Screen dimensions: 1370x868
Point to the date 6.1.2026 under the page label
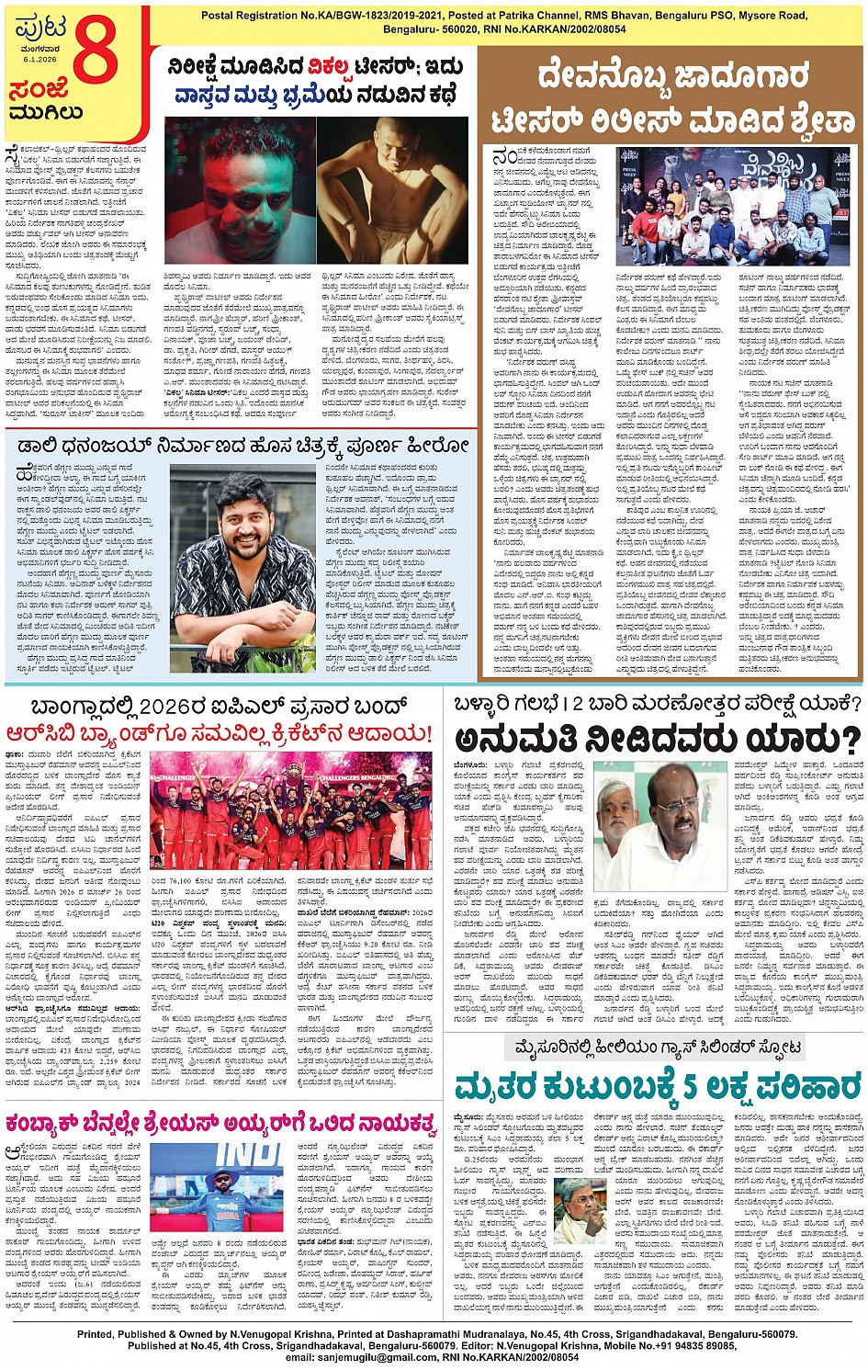pyautogui.click(x=39, y=59)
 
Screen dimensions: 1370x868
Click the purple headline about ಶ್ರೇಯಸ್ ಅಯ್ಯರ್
pyautogui.click(x=220, y=1125)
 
